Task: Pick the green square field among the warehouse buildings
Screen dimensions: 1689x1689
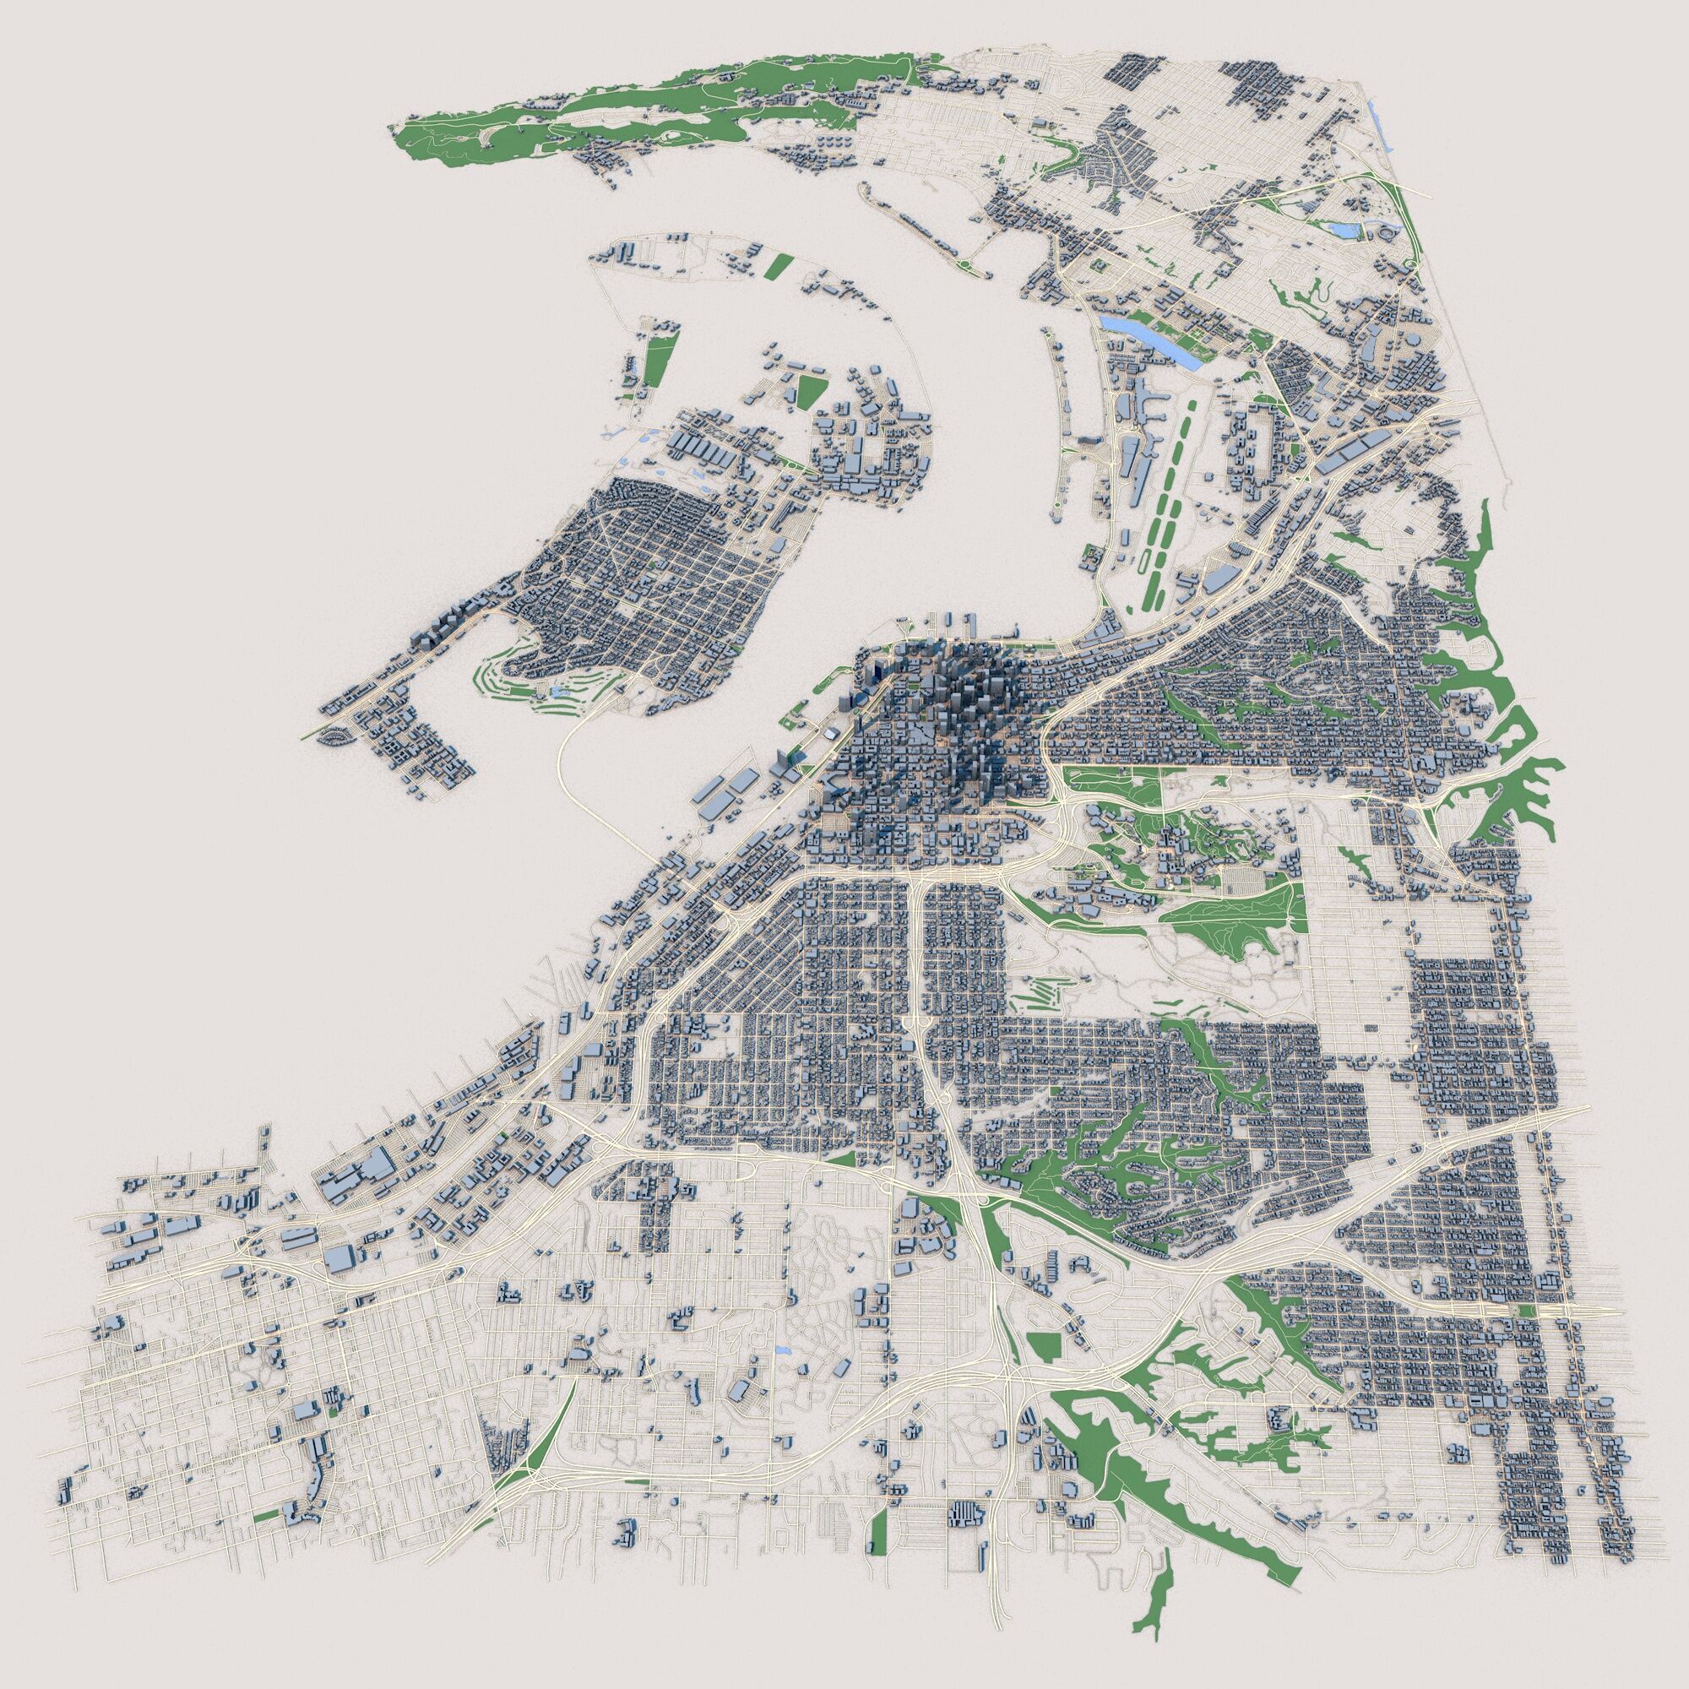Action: point(810,390)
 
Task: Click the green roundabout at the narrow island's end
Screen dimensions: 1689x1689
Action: point(963,264)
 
